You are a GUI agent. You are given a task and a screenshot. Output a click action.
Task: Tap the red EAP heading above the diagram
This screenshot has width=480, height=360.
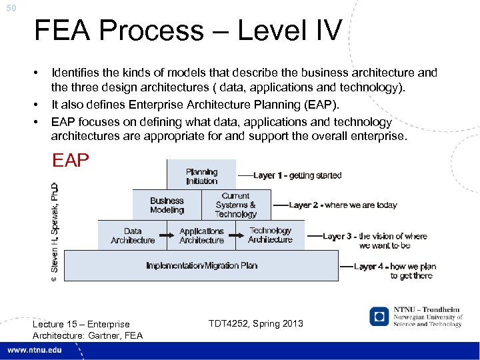(x=70, y=161)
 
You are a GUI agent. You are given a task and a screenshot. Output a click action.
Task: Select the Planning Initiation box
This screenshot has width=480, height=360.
(x=201, y=176)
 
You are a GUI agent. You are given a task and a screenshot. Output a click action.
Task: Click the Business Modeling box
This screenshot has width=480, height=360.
(x=167, y=205)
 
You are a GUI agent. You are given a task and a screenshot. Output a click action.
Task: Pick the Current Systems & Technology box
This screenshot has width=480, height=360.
(x=235, y=205)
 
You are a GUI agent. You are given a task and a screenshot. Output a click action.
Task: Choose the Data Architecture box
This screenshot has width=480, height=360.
(x=133, y=235)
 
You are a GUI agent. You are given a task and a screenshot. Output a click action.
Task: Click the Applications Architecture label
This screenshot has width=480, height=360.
(x=201, y=235)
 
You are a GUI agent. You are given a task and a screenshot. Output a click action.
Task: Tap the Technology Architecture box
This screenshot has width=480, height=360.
(x=270, y=235)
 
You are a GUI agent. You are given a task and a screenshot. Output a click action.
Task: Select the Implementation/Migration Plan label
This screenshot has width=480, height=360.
(x=201, y=265)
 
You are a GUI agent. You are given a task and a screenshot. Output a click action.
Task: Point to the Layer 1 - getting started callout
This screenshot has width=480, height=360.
(x=297, y=175)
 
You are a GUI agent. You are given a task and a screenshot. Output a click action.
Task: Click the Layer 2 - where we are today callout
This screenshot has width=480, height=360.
(x=343, y=205)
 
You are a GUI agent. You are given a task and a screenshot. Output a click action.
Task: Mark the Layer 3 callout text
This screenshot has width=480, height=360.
(x=375, y=241)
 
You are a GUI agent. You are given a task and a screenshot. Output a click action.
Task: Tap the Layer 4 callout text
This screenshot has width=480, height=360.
(x=395, y=271)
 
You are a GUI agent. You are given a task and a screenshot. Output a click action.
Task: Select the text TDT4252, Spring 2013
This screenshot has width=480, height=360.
(x=255, y=323)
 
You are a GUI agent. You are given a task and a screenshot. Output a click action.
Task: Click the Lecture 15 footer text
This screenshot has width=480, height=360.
(x=81, y=329)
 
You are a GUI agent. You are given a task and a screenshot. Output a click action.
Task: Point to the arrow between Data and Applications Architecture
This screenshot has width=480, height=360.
(x=167, y=232)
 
